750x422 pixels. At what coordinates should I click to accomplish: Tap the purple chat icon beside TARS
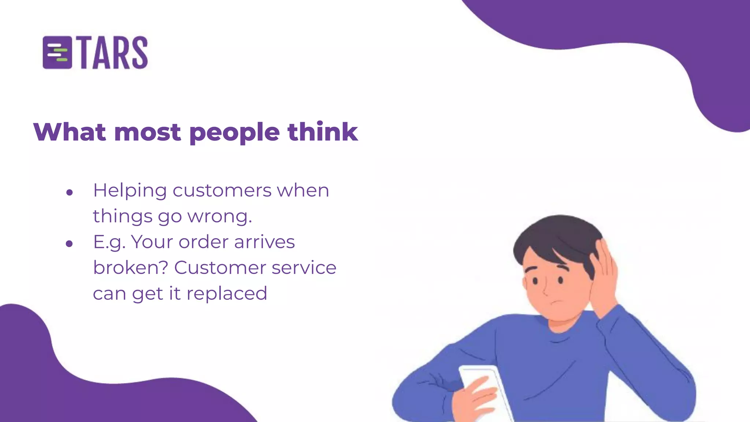click(57, 53)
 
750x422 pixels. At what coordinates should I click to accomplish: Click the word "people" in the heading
click(235, 133)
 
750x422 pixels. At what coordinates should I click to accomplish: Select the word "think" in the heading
click(323, 132)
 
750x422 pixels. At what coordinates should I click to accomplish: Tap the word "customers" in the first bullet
click(222, 190)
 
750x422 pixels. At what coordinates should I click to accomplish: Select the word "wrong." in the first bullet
click(220, 216)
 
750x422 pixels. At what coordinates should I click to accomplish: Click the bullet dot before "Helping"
click(70, 192)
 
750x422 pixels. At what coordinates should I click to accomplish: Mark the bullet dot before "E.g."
click(70, 244)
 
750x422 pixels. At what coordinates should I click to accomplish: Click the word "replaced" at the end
click(227, 293)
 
